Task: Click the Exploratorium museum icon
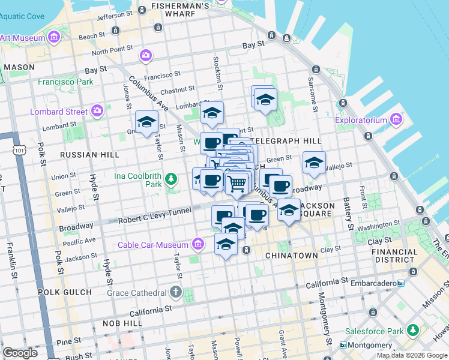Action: point(395,120)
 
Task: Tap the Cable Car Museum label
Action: point(153,245)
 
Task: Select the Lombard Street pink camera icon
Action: point(97,111)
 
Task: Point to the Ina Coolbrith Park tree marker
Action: point(171,178)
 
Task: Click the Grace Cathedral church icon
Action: point(175,292)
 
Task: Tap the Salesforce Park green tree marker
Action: point(413,331)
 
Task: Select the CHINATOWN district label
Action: point(291,256)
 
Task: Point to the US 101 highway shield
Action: point(21,150)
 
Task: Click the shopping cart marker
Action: point(238,182)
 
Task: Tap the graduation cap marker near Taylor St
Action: point(146,122)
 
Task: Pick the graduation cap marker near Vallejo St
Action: point(313,162)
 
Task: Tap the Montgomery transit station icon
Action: point(343,345)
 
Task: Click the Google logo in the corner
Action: point(20,353)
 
